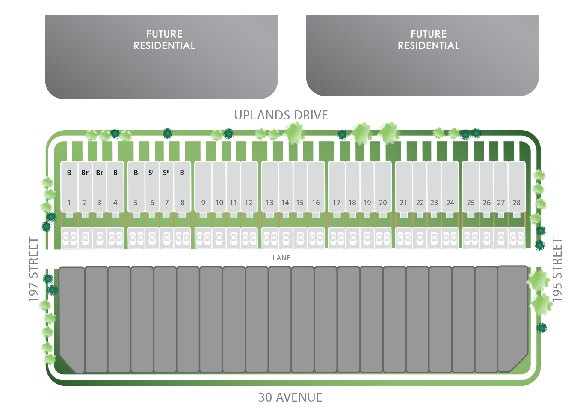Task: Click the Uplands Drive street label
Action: click(x=281, y=115)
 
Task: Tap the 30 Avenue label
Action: click(x=290, y=397)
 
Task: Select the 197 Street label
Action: click(x=33, y=269)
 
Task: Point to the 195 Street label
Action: click(x=557, y=269)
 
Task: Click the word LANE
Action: click(x=281, y=258)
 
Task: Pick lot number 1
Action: click(x=69, y=203)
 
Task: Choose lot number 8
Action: click(x=182, y=203)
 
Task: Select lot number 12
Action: click(x=249, y=203)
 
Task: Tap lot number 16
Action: click(x=316, y=203)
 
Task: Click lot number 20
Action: click(x=383, y=203)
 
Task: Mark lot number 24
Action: click(x=450, y=203)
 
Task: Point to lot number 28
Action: click(x=517, y=203)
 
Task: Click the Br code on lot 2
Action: click(x=85, y=173)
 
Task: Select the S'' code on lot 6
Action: click(x=151, y=173)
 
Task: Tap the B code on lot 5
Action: click(x=136, y=173)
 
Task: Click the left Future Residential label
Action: click(x=164, y=40)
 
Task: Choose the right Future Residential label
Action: click(x=429, y=40)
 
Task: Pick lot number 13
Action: click(x=269, y=203)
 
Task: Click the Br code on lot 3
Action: click(x=99, y=173)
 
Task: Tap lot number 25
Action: click(x=471, y=203)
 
